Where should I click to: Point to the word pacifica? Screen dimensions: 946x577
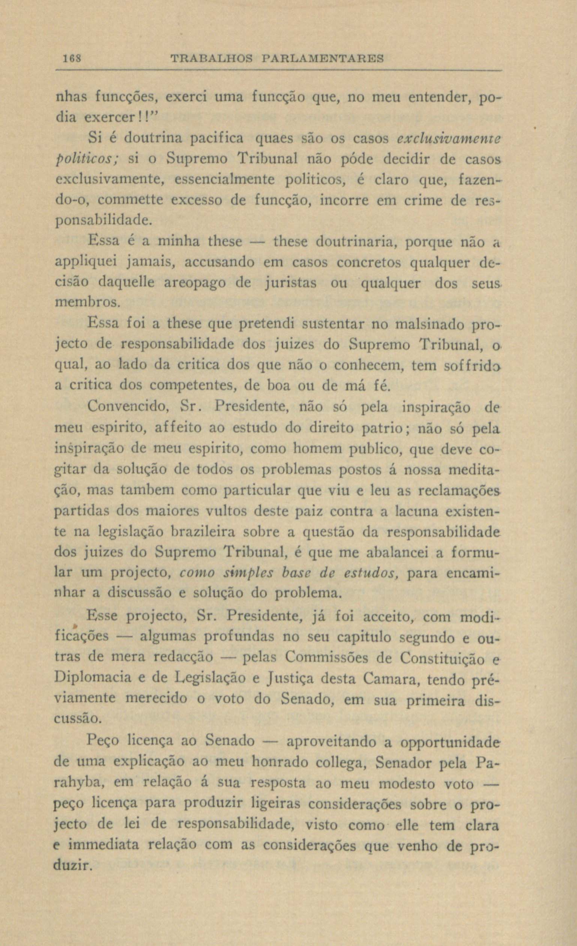(x=219, y=138)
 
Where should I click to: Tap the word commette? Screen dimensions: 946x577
(x=133, y=200)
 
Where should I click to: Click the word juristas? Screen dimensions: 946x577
(x=292, y=283)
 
